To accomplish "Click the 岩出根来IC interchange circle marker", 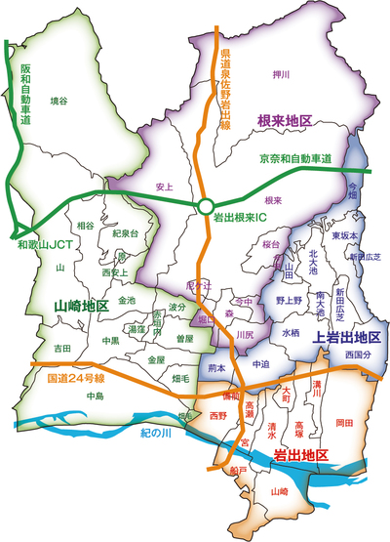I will [x=203, y=206].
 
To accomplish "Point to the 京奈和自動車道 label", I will [x=295, y=158].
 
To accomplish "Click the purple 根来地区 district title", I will [x=284, y=119].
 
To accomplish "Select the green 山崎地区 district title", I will [x=82, y=306].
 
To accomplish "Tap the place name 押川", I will [x=283, y=72].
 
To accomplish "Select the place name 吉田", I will [x=62, y=348].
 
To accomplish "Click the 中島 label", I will [x=95, y=396].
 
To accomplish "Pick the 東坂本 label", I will [x=343, y=235].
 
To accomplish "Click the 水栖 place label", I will [x=291, y=332].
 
